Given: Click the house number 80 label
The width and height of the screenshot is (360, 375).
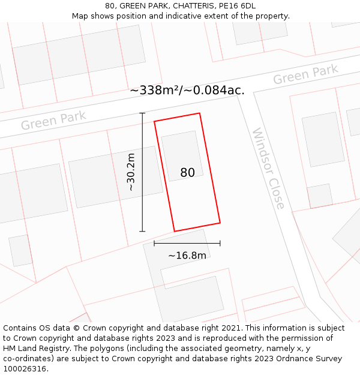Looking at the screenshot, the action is point(187,173).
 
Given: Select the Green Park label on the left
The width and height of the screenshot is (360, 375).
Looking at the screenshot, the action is point(53,120).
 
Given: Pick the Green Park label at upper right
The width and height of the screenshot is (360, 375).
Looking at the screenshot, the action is point(305,75).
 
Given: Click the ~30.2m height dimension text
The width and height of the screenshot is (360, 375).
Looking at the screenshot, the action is point(131,172).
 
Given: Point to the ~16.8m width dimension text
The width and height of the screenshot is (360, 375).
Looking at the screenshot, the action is point(187,256).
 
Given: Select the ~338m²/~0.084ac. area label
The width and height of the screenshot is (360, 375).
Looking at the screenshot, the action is point(187,91).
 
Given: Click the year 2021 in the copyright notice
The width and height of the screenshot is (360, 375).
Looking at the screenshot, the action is point(231,328).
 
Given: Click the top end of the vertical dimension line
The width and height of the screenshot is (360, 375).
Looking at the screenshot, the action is point(142,113).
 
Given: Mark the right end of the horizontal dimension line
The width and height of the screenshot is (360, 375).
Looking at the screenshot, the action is point(220,243).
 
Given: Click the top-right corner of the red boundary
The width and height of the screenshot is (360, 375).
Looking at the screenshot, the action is point(199,113).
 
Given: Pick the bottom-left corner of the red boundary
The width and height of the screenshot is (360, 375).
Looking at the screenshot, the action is point(175,231).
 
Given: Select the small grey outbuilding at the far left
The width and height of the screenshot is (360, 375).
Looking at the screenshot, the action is point(20,250).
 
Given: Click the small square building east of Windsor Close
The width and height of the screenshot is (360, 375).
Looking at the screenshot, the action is point(320,196).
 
